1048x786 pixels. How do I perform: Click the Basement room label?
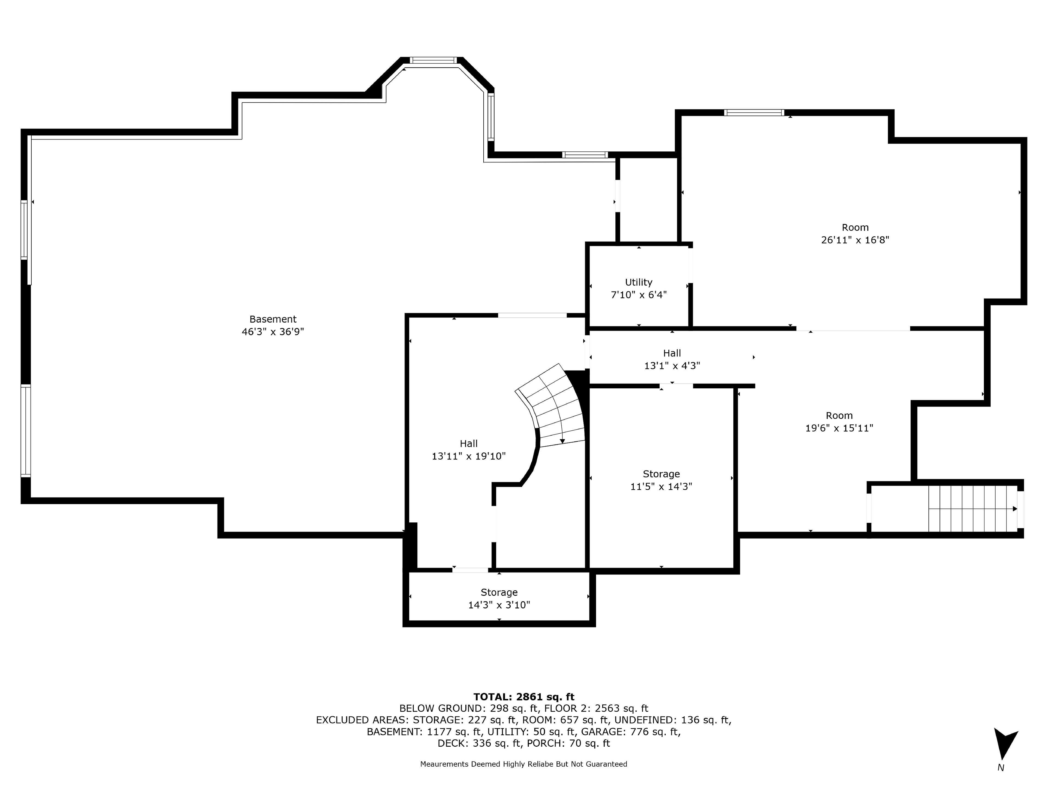[273, 319]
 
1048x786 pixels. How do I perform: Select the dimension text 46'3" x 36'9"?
[273, 332]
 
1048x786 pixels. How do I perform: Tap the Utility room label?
[639, 282]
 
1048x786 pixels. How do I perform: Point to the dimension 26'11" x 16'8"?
[855, 240]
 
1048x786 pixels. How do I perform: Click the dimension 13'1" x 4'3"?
[672, 366]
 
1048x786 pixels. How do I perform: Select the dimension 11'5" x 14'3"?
[661, 487]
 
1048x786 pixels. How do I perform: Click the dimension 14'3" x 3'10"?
[499, 605]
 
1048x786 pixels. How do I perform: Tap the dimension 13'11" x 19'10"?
[469, 456]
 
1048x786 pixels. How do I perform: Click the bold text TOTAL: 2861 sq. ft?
[524, 697]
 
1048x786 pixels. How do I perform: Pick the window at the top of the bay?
[433, 60]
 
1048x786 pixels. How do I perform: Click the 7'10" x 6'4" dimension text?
[639, 295]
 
